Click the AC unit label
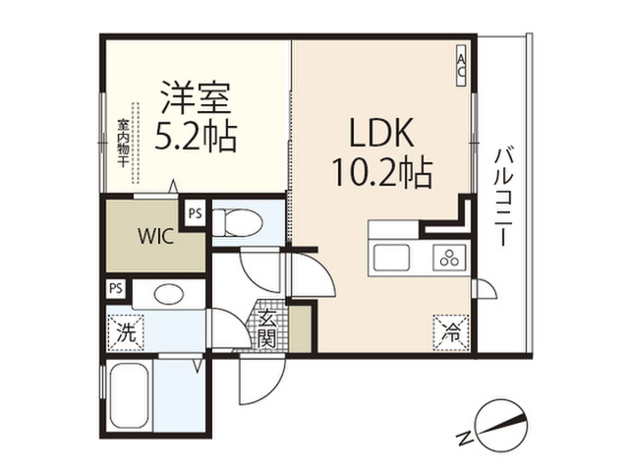click(x=462, y=65)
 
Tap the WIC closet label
click(x=156, y=236)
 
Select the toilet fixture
click(x=237, y=222)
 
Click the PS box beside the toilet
click(x=196, y=213)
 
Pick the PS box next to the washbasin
click(x=116, y=288)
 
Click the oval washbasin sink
click(x=168, y=295)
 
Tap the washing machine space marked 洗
click(x=126, y=332)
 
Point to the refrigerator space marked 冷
click(x=451, y=332)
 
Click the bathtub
click(x=129, y=395)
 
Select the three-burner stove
click(x=449, y=258)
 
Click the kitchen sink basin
click(x=391, y=258)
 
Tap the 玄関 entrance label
click(x=266, y=327)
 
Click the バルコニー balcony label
click(x=502, y=197)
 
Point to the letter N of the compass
click(x=464, y=438)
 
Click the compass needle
click(x=500, y=425)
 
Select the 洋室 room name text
click(x=197, y=97)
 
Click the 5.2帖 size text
click(x=196, y=137)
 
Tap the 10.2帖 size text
click(x=382, y=173)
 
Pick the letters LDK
click(x=381, y=134)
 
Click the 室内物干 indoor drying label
click(x=122, y=143)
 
